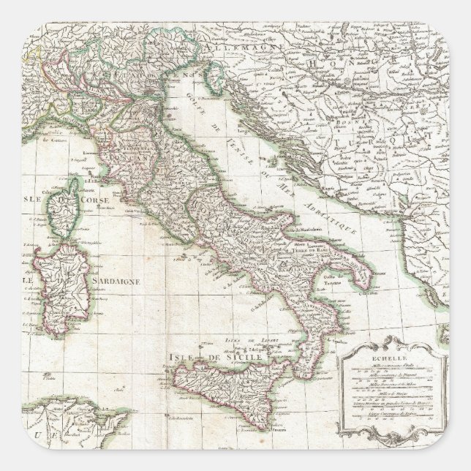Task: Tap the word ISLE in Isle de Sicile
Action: [180, 357]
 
